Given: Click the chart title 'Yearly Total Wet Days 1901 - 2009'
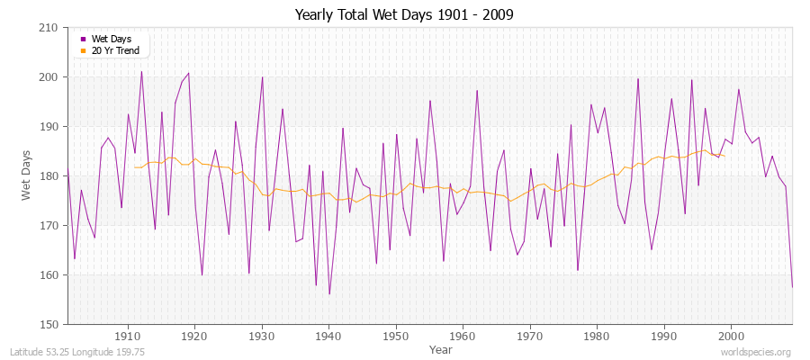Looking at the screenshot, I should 404,14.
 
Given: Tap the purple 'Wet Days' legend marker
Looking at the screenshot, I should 84,40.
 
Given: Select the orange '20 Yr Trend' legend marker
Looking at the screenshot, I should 84,50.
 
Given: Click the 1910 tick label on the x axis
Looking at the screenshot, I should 128,337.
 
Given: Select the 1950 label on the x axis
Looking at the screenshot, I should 396,337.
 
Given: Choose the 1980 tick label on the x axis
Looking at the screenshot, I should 597,337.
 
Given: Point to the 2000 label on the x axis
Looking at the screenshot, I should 731,337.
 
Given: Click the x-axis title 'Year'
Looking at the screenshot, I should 441,349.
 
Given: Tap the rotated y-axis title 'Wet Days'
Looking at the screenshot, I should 28,175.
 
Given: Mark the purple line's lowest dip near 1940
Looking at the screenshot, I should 329,294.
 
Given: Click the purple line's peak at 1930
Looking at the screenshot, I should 262,76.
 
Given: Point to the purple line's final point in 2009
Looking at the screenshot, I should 792,287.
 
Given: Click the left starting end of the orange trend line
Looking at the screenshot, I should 134,166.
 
